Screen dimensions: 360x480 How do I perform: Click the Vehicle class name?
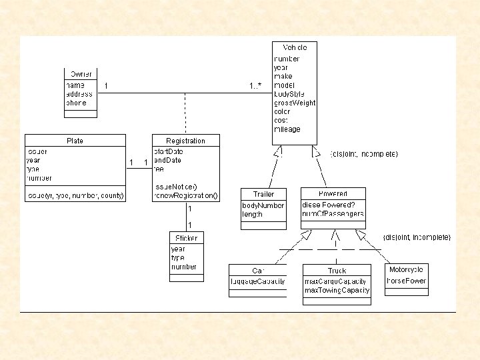click(x=295, y=47)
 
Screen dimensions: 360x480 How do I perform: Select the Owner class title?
click(x=81, y=73)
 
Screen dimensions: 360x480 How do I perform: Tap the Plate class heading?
click(x=75, y=141)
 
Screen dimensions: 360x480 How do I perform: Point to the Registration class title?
click(x=185, y=141)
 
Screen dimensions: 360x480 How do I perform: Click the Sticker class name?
click(x=185, y=238)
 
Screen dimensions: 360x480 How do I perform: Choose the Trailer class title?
click(x=263, y=194)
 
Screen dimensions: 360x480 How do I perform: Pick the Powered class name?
click(x=333, y=194)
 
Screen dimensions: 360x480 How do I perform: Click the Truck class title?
click(x=337, y=271)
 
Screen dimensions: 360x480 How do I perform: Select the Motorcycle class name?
click(x=407, y=270)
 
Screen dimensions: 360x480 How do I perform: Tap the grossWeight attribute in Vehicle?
click(x=295, y=103)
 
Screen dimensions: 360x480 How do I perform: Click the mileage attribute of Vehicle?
click(x=287, y=129)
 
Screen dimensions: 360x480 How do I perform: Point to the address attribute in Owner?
click(x=79, y=94)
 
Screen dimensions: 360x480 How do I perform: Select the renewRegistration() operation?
click(x=185, y=196)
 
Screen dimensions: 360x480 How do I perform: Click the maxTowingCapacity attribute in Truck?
click(x=337, y=291)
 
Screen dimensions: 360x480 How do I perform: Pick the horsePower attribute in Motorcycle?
click(x=407, y=281)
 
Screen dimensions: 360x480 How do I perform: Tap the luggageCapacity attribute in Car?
click(x=257, y=281)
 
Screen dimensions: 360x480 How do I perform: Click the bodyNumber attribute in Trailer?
click(x=263, y=205)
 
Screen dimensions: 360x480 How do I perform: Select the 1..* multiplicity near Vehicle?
click(x=256, y=86)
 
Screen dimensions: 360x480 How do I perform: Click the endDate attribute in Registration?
click(x=168, y=160)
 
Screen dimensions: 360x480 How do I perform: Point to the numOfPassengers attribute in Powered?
click(x=333, y=214)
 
